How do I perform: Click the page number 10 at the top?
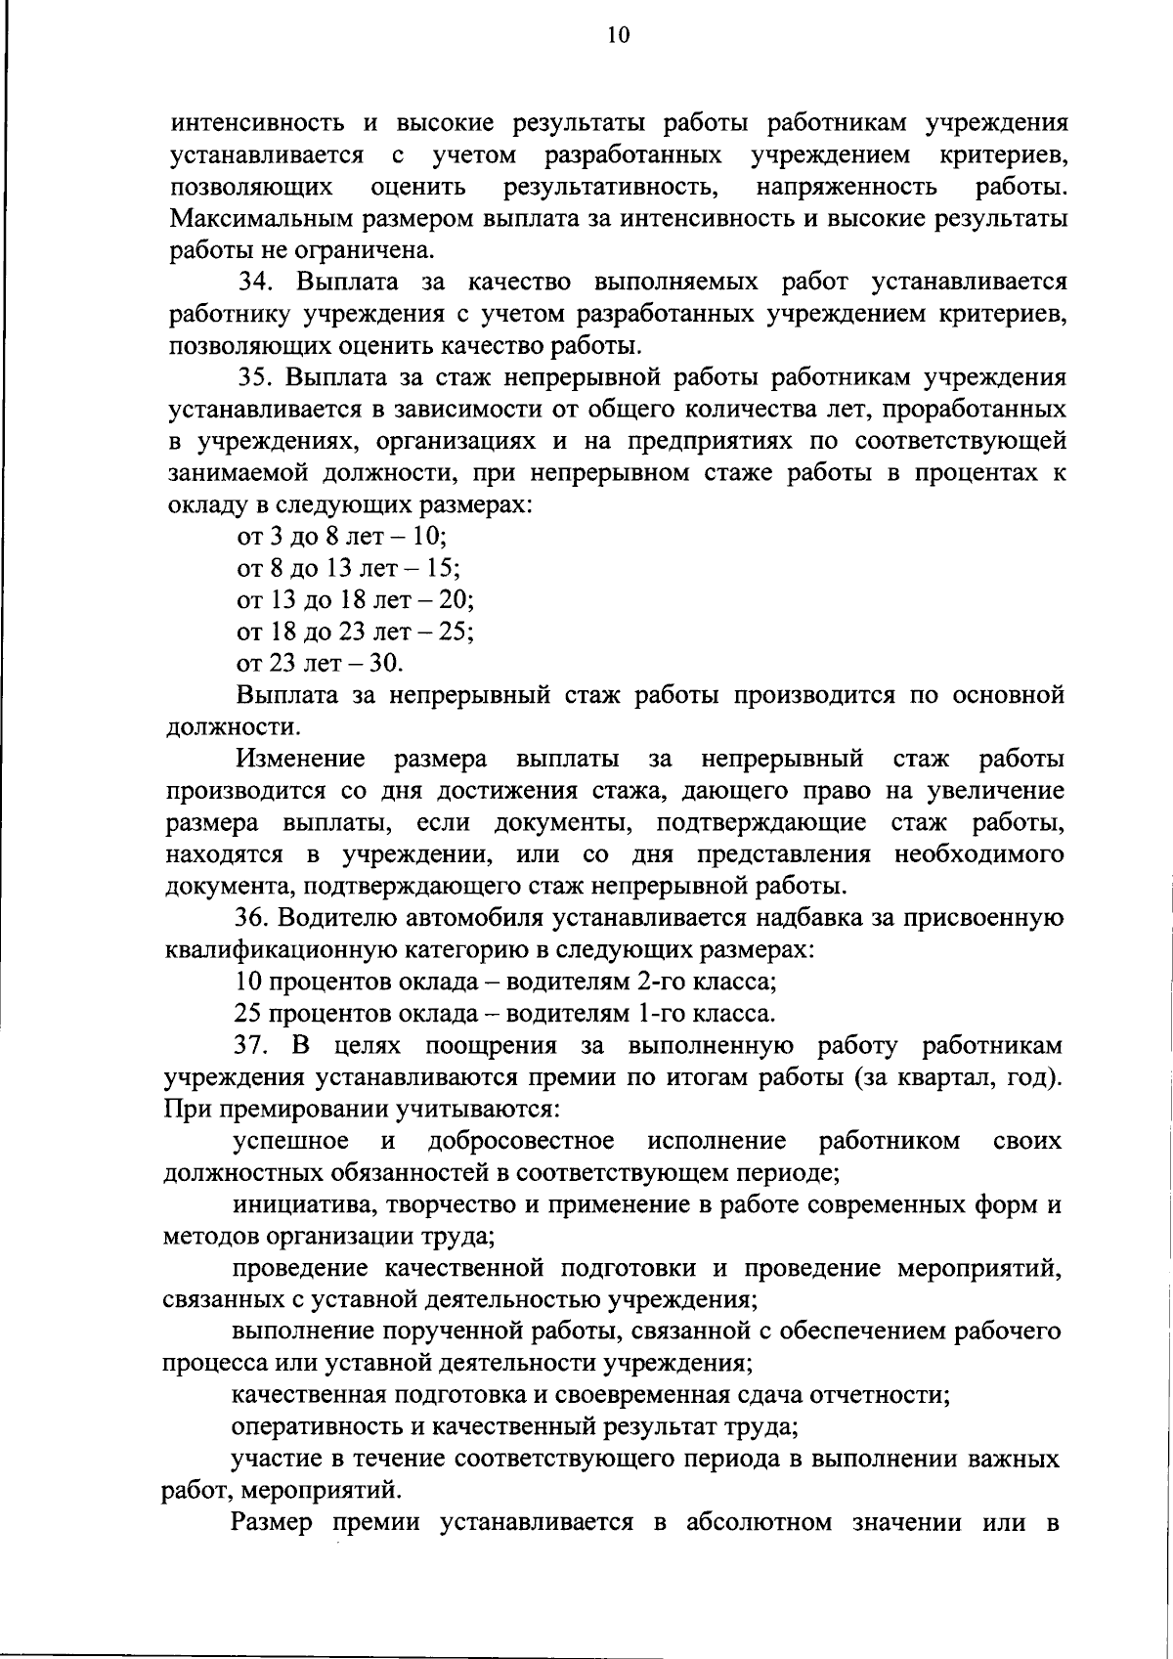coord(618,36)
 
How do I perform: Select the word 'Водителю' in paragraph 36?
coord(335,917)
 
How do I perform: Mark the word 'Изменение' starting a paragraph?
coord(300,759)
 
